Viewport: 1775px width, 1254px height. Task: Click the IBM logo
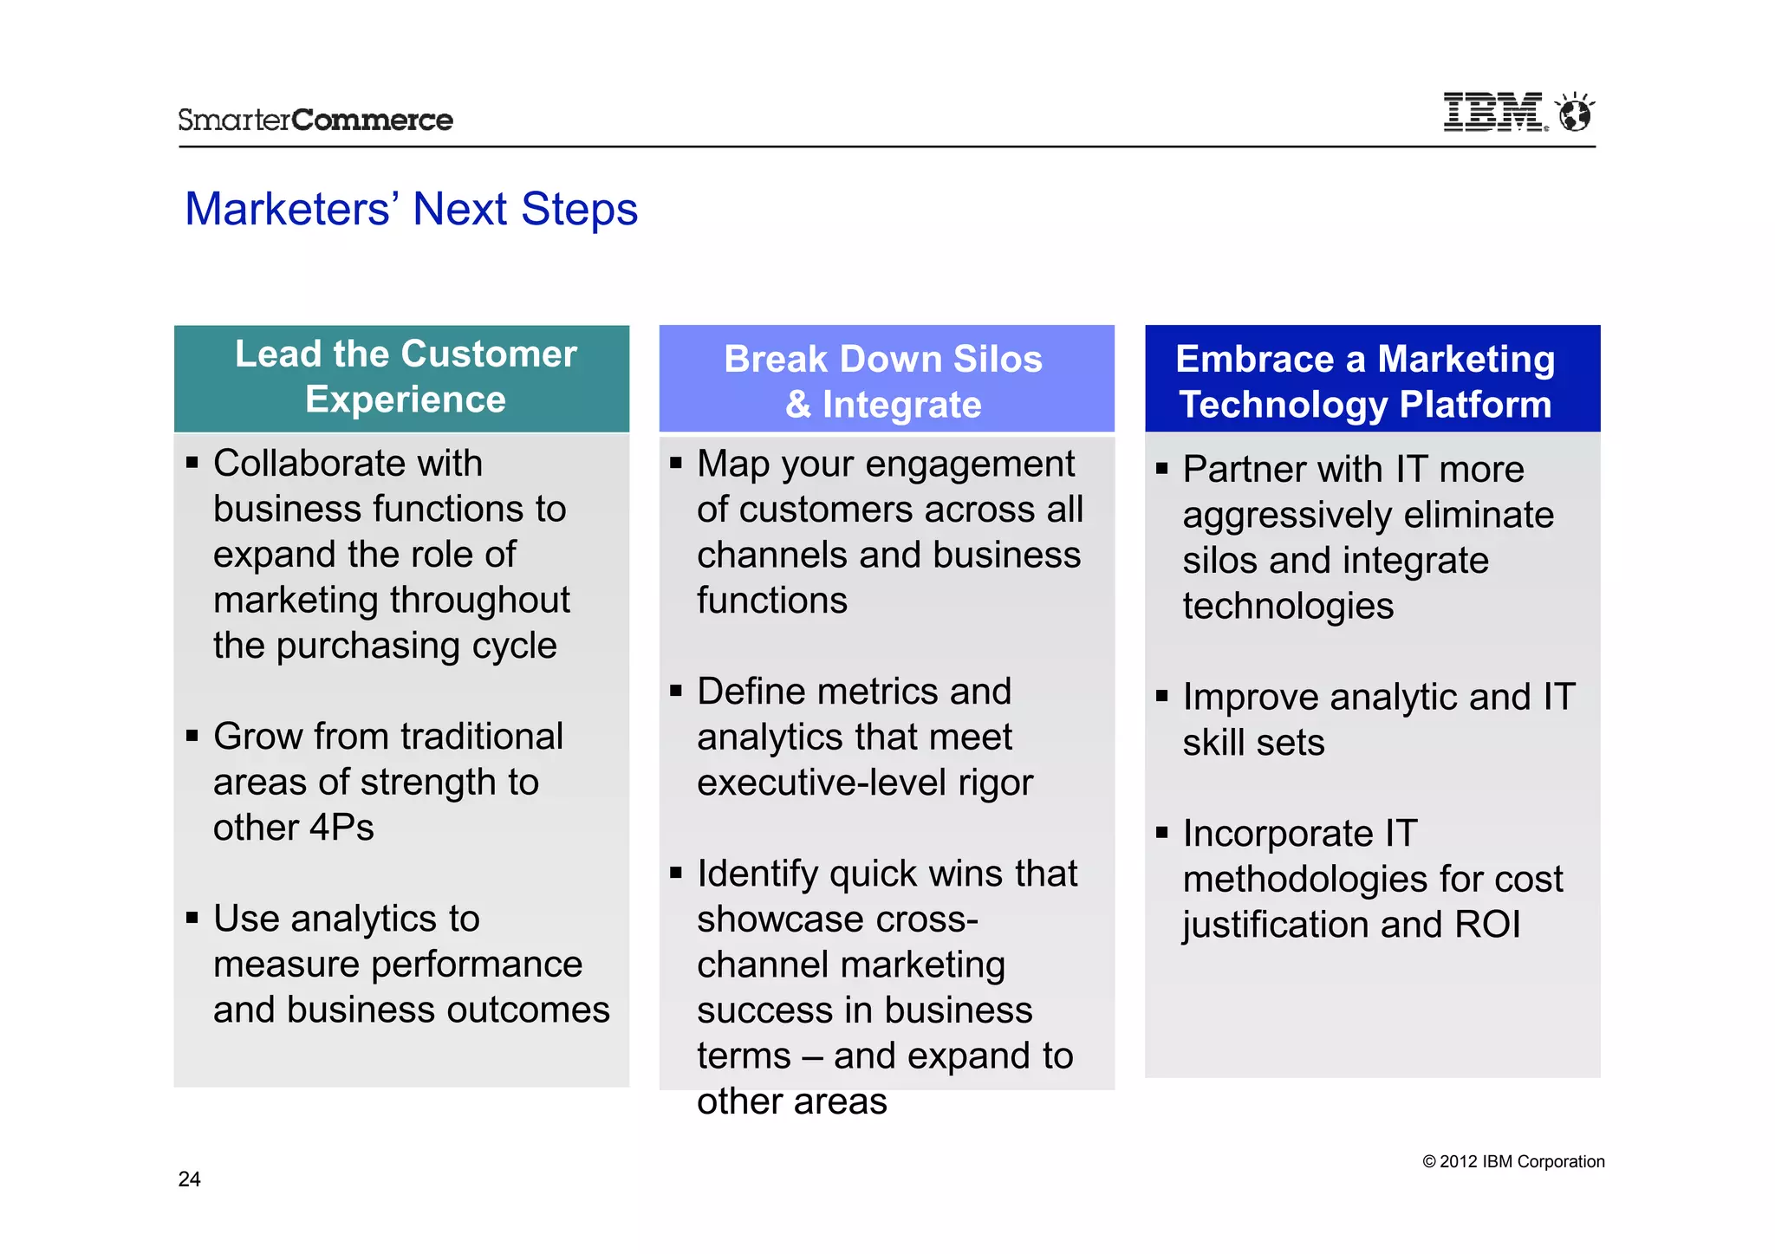1492,113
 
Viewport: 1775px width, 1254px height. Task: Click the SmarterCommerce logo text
315,120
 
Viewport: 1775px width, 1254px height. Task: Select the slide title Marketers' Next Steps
411,209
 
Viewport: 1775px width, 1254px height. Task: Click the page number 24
189,1179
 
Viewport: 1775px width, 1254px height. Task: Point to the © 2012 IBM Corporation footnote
1513,1161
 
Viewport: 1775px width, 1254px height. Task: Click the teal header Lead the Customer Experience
402,378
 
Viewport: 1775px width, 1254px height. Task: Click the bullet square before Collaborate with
192,463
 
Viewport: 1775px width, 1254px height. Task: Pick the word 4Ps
341,828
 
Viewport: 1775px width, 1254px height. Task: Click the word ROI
1487,925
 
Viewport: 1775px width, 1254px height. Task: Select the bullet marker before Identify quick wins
676,873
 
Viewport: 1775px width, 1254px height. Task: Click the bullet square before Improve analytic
1162,696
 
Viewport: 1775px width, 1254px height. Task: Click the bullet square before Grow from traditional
192,736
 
